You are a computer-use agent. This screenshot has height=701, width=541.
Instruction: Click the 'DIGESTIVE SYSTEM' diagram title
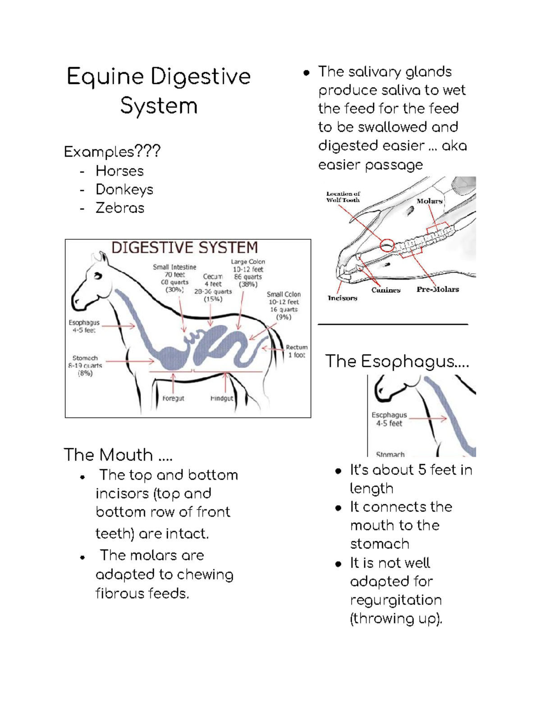184,247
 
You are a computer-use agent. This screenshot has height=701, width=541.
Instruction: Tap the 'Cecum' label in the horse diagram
213,276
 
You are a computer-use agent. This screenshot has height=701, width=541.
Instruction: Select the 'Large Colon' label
248,262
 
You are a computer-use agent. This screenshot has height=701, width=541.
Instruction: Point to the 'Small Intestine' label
174,267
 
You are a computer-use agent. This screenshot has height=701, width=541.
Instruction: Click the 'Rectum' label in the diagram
297,347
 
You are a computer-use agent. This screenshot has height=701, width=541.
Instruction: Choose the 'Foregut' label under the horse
173,399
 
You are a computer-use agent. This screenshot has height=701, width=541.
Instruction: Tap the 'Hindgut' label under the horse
222,399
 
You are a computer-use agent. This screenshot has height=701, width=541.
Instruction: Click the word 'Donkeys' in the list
124,190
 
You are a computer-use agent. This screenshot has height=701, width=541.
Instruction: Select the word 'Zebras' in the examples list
120,208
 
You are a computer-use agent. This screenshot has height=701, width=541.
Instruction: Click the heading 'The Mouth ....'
118,455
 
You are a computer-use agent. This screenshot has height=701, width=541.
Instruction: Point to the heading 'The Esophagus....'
397,362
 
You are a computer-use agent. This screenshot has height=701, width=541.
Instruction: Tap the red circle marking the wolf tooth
387,245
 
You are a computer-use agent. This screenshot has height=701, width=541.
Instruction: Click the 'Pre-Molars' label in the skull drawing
437,289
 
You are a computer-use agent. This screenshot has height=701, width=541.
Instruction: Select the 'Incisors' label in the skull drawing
342,298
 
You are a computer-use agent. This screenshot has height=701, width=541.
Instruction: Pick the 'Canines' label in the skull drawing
386,290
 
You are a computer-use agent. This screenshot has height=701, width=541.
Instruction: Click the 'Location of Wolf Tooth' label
343,197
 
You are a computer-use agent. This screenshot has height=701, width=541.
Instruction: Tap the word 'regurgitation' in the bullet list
396,600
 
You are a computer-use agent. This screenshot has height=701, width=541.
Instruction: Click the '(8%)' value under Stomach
85,373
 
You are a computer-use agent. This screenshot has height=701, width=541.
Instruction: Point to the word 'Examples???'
112,152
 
